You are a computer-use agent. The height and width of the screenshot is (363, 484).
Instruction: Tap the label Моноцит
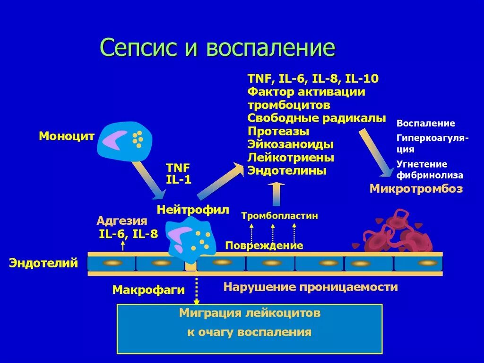click(67, 136)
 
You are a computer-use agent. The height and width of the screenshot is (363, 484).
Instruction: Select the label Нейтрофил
click(193, 209)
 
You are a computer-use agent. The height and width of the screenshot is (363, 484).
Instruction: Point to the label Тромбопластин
click(279, 216)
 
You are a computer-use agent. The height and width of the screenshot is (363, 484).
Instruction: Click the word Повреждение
click(264, 246)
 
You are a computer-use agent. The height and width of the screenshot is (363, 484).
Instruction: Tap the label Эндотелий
click(43, 263)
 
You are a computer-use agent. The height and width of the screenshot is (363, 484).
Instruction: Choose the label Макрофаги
click(148, 290)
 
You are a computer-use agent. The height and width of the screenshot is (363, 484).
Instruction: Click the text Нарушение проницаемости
click(311, 287)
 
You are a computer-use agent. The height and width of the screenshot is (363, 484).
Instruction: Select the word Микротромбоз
click(416, 189)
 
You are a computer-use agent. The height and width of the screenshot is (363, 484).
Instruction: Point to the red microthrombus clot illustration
click(394, 233)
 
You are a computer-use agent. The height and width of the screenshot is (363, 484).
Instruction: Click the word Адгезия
click(122, 221)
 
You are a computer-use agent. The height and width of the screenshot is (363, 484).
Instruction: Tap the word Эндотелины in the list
click(287, 170)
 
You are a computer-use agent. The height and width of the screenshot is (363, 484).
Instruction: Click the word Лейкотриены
click(291, 157)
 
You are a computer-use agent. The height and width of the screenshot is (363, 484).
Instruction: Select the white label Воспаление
click(425, 124)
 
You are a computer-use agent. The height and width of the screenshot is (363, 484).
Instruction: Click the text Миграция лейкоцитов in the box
click(250, 313)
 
